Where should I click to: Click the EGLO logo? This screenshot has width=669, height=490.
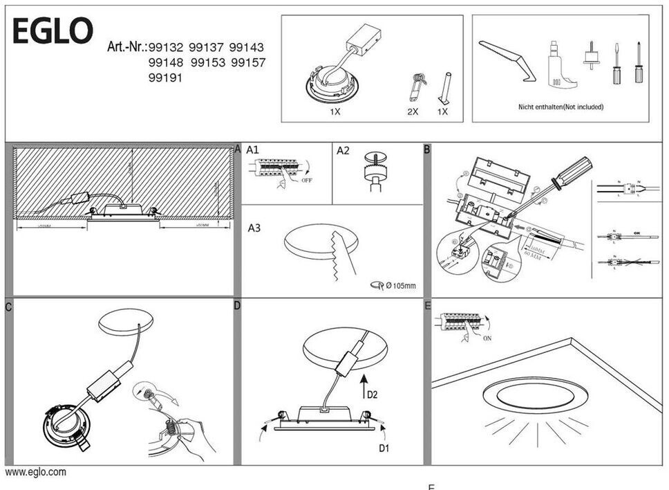[53, 31]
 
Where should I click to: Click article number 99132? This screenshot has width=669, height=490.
[167, 48]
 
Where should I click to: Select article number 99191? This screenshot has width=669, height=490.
[166, 78]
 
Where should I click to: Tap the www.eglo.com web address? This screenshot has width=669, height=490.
[36, 472]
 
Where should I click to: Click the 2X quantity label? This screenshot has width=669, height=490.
[413, 111]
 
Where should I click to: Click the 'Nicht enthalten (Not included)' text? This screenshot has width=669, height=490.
[560, 107]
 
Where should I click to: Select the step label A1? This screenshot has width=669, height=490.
[252, 150]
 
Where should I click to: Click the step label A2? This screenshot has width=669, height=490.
[343, 150]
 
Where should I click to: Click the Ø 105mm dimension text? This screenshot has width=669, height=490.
[400, 286]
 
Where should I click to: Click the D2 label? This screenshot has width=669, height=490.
[372, 395]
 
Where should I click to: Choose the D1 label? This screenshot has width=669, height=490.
[384, 448]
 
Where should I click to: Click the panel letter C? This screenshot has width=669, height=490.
[8, 305]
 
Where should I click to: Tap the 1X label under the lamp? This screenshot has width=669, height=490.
[334, 111]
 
